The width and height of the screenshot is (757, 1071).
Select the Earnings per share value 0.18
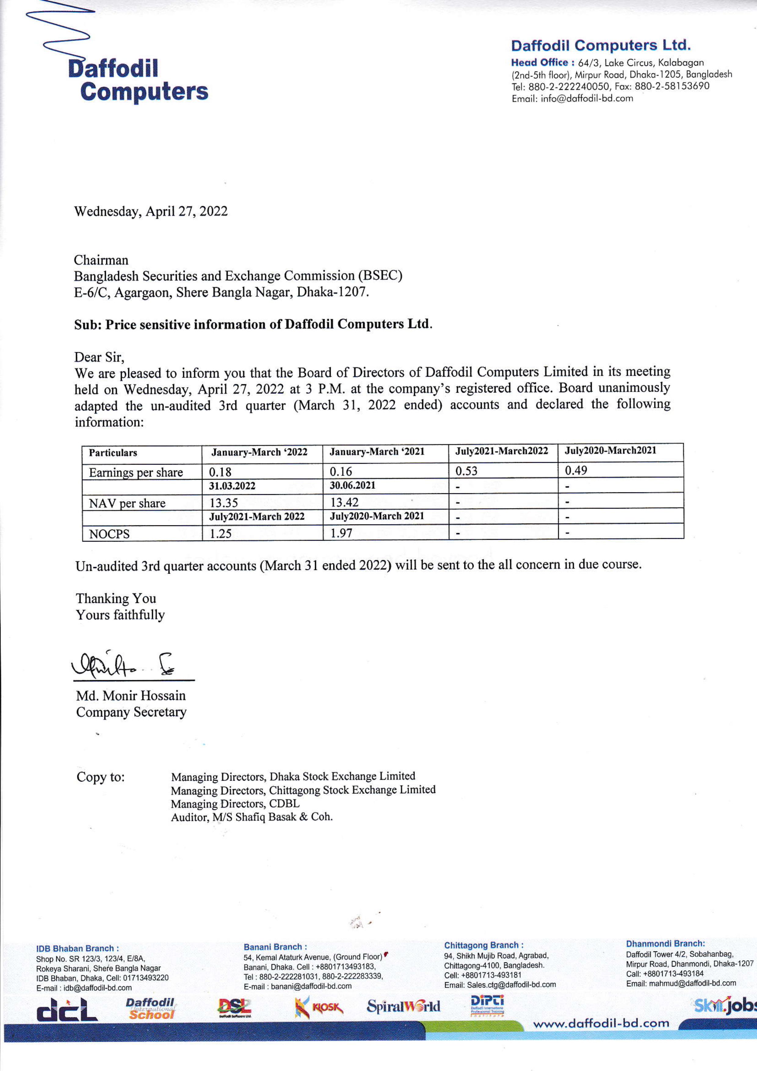tap(220, 472)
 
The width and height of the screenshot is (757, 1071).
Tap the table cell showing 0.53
tap(466, 471)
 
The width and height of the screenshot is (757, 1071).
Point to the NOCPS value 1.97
tap(342, 533)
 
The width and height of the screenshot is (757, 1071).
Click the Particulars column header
tap(113, 452)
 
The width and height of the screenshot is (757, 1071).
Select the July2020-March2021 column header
tap(610, 451)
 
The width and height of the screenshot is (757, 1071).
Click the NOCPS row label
tap(109, 534)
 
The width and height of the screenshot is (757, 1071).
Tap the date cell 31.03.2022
tap(232, 486)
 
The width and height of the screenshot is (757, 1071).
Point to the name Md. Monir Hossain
tap(131, 695)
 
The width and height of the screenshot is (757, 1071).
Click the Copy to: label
tap(101, 777)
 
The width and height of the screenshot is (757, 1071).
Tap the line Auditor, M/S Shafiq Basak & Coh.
tap(252, 817)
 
